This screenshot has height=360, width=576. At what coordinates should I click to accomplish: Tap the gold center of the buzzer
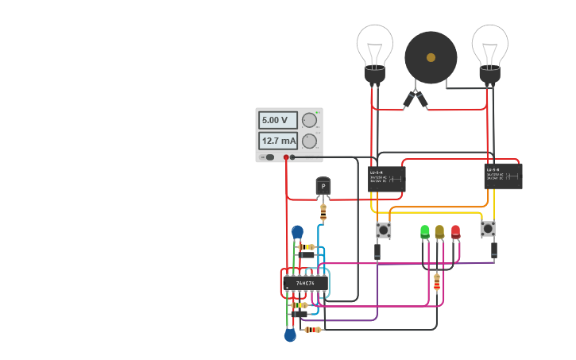(431, 57)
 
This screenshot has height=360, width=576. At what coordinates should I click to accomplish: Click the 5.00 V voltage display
(277, 120)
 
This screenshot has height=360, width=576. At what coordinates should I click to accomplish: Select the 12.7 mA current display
(277, 141)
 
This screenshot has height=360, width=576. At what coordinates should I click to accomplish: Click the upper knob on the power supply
(309, 120)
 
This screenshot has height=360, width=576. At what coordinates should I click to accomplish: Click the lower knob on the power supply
(309, 141)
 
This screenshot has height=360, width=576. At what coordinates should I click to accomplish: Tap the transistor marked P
(323, 187)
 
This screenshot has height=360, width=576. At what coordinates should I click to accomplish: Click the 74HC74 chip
(305, 283)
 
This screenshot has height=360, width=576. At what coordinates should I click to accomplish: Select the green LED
(425, 232)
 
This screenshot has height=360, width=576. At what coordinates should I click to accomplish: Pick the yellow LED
(439, 232)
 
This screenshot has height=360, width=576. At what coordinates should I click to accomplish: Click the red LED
(455, 232)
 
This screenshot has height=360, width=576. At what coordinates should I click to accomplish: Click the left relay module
(387, 178)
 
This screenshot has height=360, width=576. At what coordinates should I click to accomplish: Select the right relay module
(503, 176)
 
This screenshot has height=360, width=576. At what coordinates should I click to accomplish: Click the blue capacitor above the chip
(297, 232)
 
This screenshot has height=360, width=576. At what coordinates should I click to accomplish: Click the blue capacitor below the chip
(290, 335)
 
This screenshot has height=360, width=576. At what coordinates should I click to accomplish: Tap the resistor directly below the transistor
(323, 213)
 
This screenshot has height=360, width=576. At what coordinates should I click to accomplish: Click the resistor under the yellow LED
(436, 281)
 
